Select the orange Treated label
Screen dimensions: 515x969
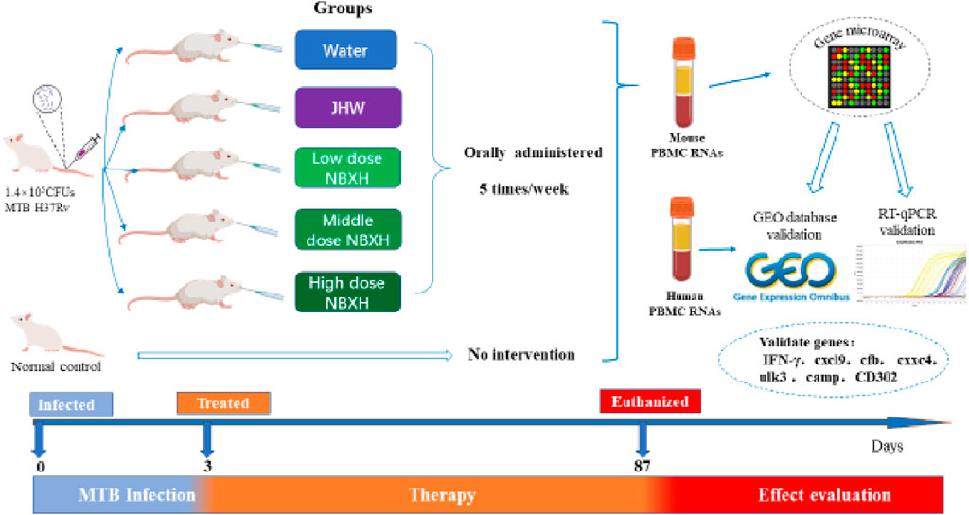(x=223, y=403)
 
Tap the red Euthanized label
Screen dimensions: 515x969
(x=650, y=400)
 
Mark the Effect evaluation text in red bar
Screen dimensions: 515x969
(x=824, y=494)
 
